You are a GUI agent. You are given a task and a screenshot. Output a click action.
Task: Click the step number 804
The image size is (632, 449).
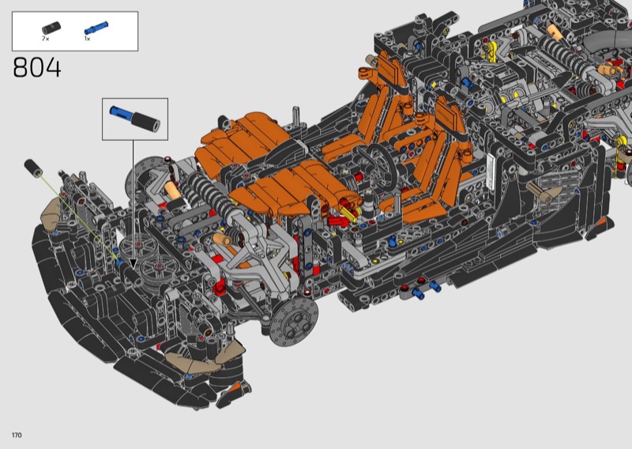tap(37, 67)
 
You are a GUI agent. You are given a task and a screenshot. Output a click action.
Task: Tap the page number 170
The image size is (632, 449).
tap(17, 435)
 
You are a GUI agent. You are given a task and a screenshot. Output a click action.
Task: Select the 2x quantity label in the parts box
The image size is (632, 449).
tap(45, 39)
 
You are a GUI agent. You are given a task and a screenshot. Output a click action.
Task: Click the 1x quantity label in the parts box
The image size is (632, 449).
tap(87, 39)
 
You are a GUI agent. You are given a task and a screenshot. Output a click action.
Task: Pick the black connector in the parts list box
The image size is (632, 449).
tap(51, 28)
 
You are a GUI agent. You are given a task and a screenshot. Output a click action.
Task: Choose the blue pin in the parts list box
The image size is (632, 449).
tap(96, 28)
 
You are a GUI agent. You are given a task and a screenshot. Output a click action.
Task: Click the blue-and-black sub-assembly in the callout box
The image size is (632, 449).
tap(134, 119)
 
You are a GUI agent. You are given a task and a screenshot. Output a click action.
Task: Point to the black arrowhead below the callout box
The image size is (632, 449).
tap(133, 264)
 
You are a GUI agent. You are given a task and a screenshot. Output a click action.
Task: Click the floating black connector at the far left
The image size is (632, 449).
tap(33, 168)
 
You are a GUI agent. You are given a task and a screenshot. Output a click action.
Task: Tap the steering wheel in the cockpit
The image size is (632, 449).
tap(378, 164)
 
